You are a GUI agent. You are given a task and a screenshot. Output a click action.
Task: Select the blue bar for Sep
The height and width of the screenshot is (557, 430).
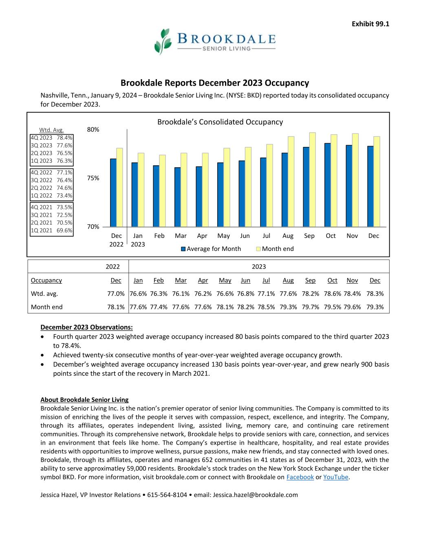(306, 186)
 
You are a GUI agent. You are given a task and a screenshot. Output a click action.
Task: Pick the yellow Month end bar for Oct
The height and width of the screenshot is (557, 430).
(334, 180)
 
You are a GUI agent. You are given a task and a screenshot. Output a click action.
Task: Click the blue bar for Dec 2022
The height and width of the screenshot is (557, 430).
(113, 192)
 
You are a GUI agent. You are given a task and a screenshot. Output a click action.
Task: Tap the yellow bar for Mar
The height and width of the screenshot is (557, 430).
(184, 190)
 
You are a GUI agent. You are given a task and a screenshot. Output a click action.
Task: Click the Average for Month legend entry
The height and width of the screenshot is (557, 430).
(211, 249)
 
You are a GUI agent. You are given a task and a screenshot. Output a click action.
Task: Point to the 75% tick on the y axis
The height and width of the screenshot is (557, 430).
(93, 178)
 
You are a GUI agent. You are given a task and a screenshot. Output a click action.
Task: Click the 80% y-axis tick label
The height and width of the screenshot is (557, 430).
(93, 129)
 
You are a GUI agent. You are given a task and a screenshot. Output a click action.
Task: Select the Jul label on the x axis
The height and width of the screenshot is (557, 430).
(266, 236)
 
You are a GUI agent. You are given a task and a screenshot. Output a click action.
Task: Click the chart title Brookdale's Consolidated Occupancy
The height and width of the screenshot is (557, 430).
(220, 122)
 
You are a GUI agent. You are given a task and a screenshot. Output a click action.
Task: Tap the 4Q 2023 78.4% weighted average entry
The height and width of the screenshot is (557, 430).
(51, 138)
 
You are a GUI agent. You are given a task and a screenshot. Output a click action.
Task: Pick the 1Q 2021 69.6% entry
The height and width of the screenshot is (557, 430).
(51, 231)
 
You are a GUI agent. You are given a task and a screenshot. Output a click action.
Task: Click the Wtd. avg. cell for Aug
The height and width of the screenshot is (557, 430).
(288, 294)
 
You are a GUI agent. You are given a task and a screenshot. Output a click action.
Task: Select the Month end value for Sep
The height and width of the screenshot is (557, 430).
(310, 307)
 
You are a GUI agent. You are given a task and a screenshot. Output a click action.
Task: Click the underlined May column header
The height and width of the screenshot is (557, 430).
(225, 280)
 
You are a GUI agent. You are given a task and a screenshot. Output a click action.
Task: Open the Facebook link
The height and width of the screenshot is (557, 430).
(300, 477)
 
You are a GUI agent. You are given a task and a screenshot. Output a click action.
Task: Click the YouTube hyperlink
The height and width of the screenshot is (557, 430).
(335, 477)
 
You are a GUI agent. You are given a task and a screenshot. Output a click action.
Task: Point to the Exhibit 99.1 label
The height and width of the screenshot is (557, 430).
(370, 24)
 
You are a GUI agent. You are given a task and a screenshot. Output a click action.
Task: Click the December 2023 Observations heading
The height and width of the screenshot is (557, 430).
(86, 327)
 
